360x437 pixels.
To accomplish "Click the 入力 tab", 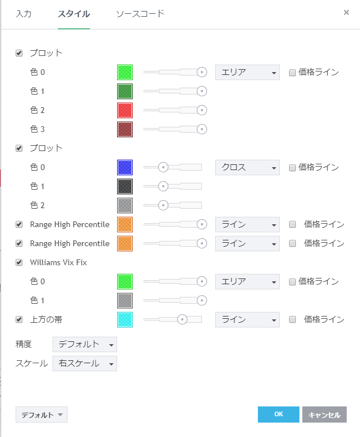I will click(x=24, y=13).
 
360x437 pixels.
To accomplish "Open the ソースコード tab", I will click(x=140, y=13).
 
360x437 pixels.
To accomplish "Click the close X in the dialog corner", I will click(x=346, y=12).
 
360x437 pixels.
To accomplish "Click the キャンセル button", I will click(x=324, y=415).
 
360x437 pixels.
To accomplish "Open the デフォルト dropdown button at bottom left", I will click(x=42, y=415).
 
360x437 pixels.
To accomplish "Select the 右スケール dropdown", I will click(x=84, y=363).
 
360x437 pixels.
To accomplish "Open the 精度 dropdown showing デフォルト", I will click(x=84, y=344).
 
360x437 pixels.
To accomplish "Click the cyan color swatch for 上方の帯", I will click(x=125, y=319).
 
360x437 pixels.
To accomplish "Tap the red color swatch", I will click(x=125, y=110).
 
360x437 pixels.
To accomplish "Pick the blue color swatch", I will click(x=125, y=167).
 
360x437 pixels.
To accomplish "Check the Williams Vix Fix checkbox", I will click(x=19, y=262).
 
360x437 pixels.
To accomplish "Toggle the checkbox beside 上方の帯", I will click(x=19, y=319).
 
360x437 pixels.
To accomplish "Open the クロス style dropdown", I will click(x=247, y=167).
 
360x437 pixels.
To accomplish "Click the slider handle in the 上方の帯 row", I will click(x=182, y=319).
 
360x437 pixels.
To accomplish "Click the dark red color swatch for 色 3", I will click(x=125, y=129).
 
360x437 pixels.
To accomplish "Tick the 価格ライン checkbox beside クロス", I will click(x=292, y=168).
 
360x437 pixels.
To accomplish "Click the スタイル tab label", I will click(x=73, y=13).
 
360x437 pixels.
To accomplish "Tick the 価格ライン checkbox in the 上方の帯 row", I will click(x=292, y=319).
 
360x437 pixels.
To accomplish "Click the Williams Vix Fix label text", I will click(x=58, y=262).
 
